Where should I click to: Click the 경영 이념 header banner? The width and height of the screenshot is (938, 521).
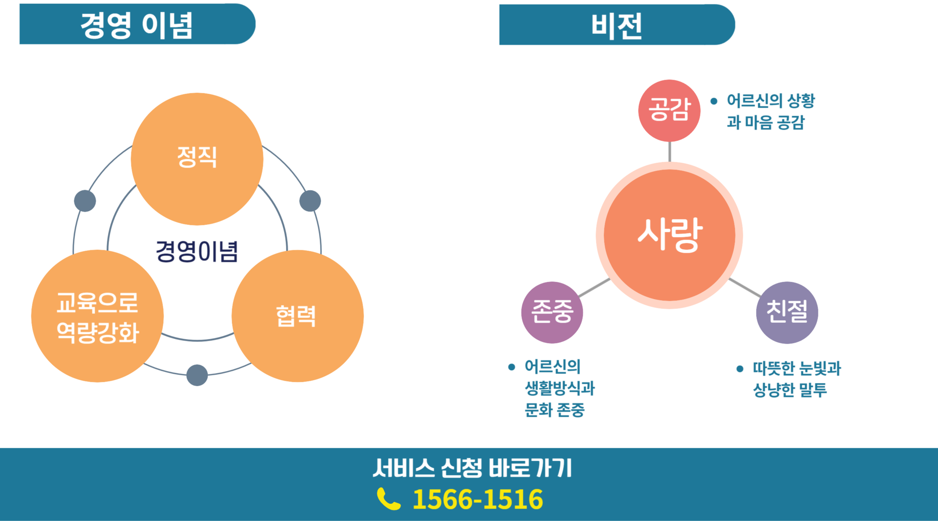click(137, 24)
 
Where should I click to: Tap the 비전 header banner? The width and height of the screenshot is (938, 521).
click(617, 25)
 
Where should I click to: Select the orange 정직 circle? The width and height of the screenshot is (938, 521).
click(197, 159)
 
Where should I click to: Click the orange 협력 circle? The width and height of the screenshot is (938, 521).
click(297, 316)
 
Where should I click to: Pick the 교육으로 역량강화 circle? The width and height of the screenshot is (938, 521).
click(97, 316)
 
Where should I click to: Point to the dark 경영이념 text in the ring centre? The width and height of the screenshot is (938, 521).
click(197, 251)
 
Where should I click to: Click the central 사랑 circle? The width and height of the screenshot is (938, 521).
click(669, 235)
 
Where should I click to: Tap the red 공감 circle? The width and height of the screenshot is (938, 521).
click(669, 110)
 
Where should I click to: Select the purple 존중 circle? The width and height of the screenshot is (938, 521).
click(552, 312)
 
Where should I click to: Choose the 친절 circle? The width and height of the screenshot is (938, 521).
click(787, 312)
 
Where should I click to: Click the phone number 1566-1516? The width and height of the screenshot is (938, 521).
click(477, 499)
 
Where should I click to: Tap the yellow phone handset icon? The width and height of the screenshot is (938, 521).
click(388, 499)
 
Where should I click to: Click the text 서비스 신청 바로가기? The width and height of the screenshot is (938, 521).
click(472, 468)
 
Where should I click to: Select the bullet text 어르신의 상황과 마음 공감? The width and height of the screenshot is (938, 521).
click(770, 111)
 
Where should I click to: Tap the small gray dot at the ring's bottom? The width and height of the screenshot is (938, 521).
click(197, 375)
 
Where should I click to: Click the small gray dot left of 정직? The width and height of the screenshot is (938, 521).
click(85, 201)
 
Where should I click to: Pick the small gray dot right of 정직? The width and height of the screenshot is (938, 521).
click(310, 201)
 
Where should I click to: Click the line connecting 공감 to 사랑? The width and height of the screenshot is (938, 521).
click(669, 152)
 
